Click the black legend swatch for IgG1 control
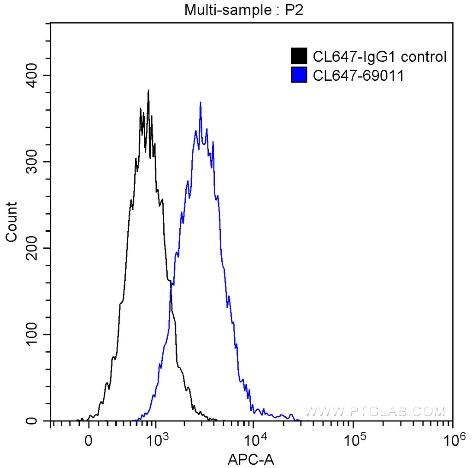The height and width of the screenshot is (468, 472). coord(299,57)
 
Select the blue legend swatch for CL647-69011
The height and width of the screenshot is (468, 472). coord(299,75)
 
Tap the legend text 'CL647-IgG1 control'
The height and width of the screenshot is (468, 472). coord(379,57)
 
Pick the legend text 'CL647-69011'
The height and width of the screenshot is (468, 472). coord(358,75)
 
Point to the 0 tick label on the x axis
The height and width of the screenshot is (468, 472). coord(88,440)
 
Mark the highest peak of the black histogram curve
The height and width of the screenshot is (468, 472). coord(148,90)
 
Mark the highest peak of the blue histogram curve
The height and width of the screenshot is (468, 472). coord(201,102)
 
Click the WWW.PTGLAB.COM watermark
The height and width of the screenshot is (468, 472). coord(375,411)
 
